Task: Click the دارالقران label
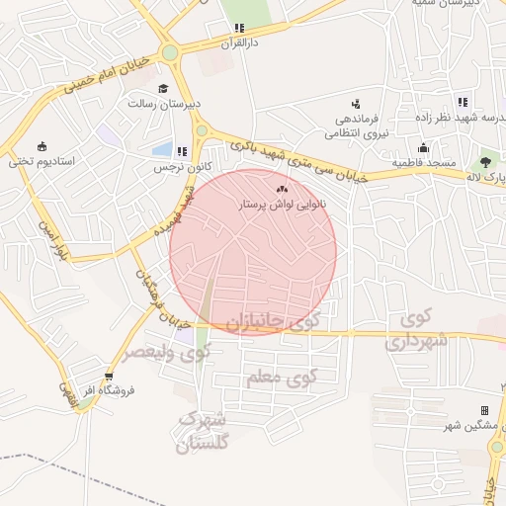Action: (238, 42)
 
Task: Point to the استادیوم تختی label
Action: (42, 160)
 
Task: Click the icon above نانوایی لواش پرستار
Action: (284, 188)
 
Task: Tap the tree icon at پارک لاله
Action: (485, 161)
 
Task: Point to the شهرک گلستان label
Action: (202, 432)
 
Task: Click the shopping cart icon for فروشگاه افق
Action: (108, 377)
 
